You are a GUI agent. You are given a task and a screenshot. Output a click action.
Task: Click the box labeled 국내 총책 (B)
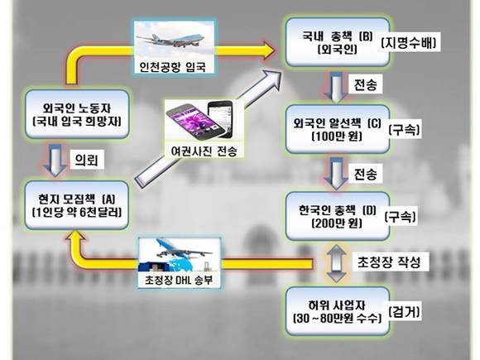point(338,42)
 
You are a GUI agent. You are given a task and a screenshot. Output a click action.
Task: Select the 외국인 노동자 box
point(77,114)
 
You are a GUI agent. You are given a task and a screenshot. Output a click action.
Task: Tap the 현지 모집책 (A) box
point(76,205)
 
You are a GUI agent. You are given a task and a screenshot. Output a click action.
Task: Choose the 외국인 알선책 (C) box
point(338,129)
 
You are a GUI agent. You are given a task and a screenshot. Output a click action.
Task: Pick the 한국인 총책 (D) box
point(338,216)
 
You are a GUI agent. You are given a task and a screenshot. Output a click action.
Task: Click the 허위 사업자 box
point(338,311)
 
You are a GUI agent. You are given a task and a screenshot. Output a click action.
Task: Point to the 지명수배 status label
point(409,42)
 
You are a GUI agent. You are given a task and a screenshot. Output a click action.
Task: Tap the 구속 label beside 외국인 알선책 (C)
point(404,130)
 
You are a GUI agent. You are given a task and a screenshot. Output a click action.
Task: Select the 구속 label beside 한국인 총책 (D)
point(400,217)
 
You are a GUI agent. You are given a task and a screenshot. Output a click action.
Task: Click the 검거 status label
point(404,312)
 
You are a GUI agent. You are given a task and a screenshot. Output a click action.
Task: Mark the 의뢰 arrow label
point(87,160)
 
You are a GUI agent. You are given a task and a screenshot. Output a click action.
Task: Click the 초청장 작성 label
point(389,262)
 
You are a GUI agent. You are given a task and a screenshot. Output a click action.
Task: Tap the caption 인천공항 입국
point(173,67)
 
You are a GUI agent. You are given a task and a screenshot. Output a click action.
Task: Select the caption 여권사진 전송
point(204,151)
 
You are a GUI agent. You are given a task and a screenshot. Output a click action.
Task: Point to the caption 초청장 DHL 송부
point(179,280)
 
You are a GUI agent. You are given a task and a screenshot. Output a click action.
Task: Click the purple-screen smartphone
point(190,122)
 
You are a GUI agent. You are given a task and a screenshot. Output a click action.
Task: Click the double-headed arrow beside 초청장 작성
point(336,263)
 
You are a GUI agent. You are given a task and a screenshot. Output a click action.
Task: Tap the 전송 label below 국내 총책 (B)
point(365,84)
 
